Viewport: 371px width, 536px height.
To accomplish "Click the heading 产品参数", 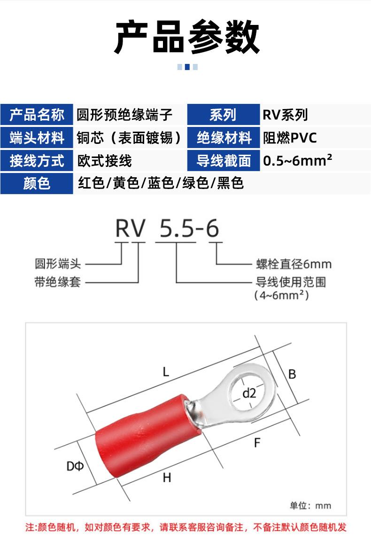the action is (187, 37).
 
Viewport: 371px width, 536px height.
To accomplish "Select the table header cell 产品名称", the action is (37, 115).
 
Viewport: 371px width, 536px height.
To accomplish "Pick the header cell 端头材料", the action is (37, 137).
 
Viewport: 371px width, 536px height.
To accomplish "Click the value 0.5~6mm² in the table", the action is (297, 160).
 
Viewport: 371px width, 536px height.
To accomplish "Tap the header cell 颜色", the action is (37, 183).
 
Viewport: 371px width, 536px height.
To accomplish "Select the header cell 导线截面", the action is (224, 160).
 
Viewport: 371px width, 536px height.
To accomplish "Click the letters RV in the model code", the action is (131, 228).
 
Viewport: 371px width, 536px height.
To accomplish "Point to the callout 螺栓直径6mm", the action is (294, 264).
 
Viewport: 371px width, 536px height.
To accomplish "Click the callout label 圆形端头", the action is (58, 264).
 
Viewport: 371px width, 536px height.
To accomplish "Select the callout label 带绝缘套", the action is (58, 282).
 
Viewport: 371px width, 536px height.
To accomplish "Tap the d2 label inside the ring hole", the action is (249, 393).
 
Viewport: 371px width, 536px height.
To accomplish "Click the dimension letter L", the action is (166, 371).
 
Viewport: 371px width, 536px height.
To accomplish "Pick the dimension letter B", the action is (292, 374).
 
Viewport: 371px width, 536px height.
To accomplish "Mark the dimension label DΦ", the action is (75, 466).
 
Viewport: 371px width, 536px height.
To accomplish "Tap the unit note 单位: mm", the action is (310, 505).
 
